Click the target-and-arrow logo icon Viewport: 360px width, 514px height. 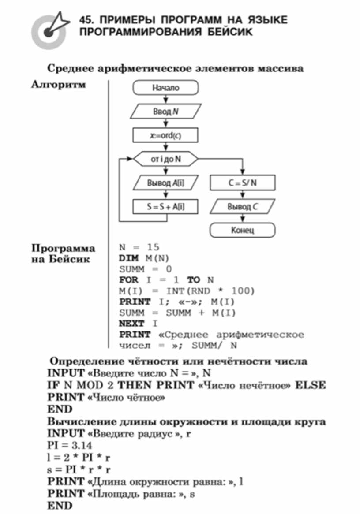coord(50,30)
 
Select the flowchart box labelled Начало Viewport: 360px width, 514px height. coord(166,88)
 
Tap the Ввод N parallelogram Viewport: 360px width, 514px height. coord(166,112)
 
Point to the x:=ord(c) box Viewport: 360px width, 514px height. coord(166,135)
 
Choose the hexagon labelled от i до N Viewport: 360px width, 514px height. coord(166,159)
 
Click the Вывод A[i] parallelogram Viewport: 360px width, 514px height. coord(166,183)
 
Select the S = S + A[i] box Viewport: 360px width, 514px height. coord(166,206)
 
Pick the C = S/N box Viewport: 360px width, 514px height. coord(243,183)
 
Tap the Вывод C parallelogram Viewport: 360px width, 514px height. coord(243,206)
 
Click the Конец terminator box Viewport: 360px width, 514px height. coord(243,230)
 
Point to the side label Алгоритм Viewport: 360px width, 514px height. coord(58,85)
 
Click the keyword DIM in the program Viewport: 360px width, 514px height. coord(129,258)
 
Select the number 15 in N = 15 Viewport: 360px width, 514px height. coord(153,247)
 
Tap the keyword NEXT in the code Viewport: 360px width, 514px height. coord(132,324)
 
